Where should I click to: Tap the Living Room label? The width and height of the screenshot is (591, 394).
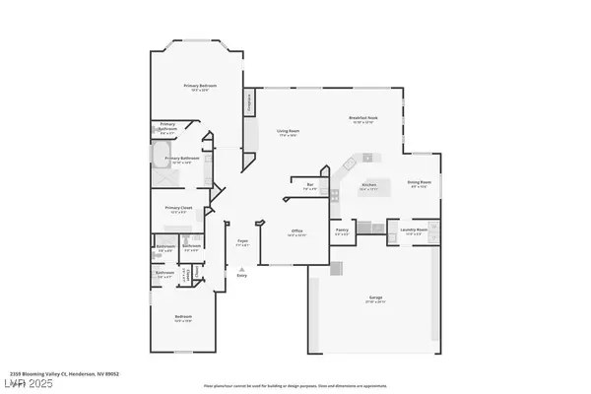point(288,132)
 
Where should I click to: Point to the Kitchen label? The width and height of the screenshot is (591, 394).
point(368,184)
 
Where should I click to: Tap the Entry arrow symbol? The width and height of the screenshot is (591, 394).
point(241,268)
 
